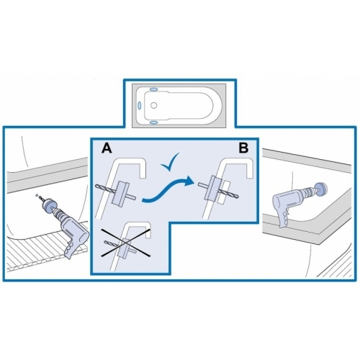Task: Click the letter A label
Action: click(x=107, y=148)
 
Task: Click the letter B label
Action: click(x=243, y=148)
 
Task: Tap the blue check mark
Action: click(x=170, y=162)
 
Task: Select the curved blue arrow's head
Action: click(x=189, y=181)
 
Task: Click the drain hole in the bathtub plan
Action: click(x=153, y=105)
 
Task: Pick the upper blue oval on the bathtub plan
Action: click(x=154, y=89)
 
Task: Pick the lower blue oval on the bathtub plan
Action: click(x=154, y=122)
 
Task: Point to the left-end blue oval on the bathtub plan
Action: click(x=139, y=105)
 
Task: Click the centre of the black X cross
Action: click(x=125, y=243)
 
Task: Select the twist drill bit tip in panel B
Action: click(x=238, y=197)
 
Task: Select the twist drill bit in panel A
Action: click(x=106, y=189)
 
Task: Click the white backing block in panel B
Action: click(x=223, y=192)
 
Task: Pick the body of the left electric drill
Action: click(x=73, y=230)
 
